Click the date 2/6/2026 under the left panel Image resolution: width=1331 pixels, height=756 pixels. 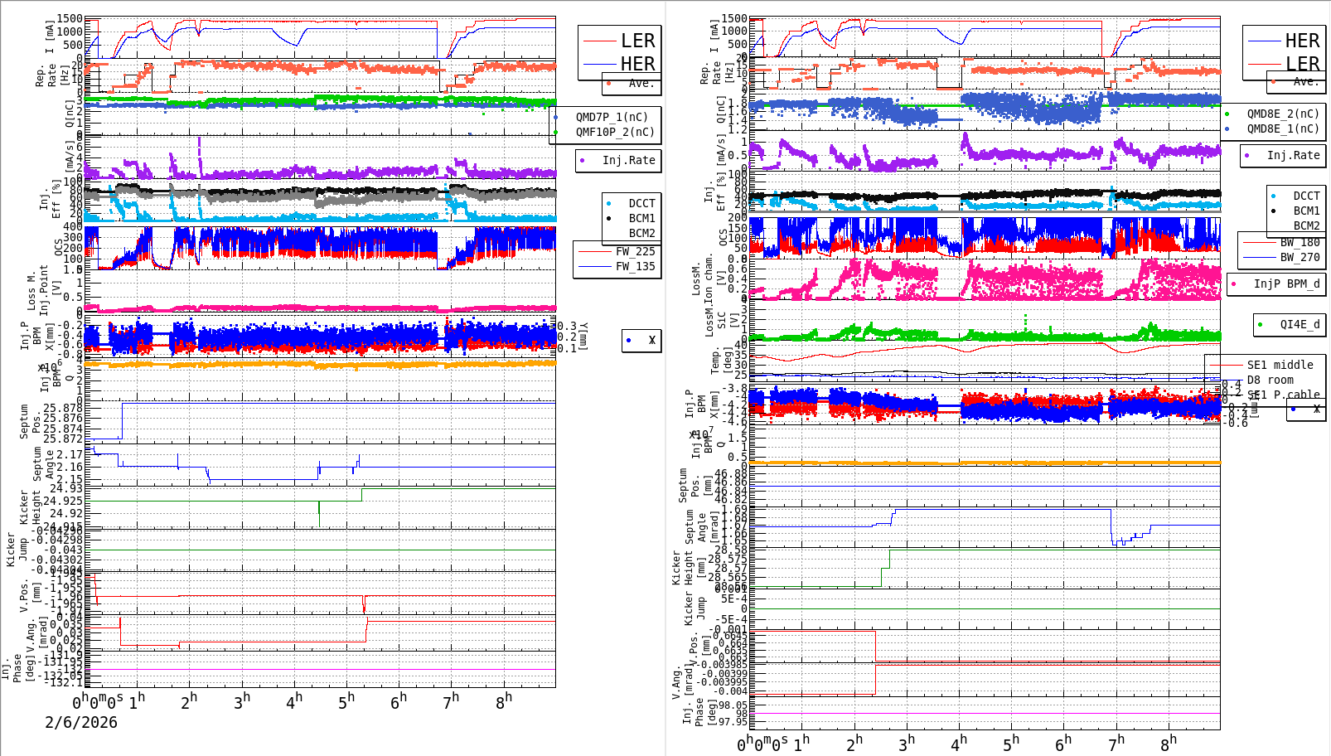81,722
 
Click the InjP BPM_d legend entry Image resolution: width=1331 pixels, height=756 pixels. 1285,283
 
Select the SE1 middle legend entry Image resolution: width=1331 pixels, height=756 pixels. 1280,365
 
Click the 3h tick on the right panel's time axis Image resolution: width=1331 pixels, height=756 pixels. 906,743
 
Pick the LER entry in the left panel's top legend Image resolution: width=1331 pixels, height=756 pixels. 637,41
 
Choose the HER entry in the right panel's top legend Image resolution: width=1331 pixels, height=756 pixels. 1301,41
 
